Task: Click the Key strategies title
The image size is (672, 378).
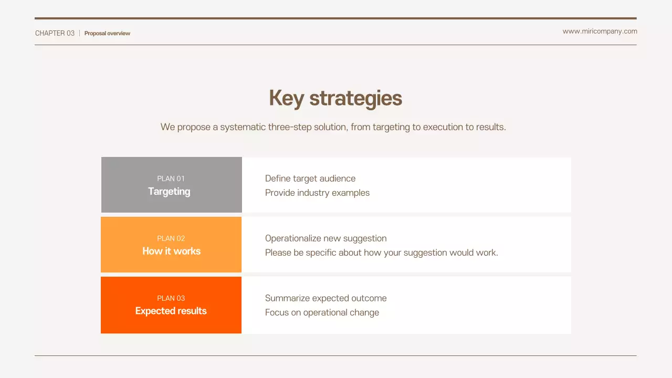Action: pyautogui.click(x=335, y=98)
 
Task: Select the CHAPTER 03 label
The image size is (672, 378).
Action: pyautogui.click(x=55, y=33)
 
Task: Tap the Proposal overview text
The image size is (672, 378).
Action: pyautogui.click(x=107, y=33)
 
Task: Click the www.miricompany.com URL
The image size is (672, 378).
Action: pyautogui.click(x=600, y=31)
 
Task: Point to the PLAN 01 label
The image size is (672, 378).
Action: pyautogui.click(x=171, y=178)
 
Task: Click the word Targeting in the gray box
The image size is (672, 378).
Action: pyautogui.click(x=169, y=192)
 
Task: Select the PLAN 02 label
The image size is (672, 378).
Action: pyautogui.click(x=171, y=238)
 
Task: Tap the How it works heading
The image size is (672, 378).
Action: pyautogui.click(x=171, y=251)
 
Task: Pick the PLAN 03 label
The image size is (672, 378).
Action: pyautogui.click(x=171, y=298)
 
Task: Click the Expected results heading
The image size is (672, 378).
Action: pyautogui.click(x=171, y=311)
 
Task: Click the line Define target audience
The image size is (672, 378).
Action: pyautogui.click(x=310, y=178)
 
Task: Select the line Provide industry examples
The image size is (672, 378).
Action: pyautogui.click(x=317, y=193)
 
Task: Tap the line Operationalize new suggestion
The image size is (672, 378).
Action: pyautogui.click(x=325, y=238)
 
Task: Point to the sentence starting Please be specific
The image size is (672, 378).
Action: pyautogui.click(x=381, y=253)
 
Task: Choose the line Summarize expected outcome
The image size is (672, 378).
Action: pyautogui.click(x=325, y=298)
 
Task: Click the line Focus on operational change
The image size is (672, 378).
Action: pyautogui.click(x=322, y=312)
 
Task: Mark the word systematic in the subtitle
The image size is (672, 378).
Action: pyautogui.click(x=243, y=127)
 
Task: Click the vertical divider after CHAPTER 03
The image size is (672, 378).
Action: pyautogui.click(x=79, y=33)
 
